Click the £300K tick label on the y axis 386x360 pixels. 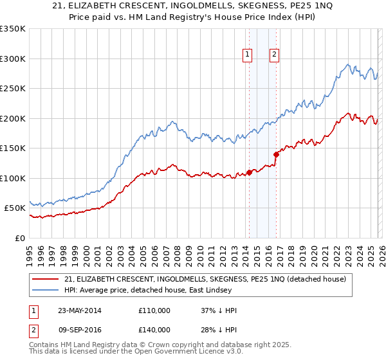point(13,59)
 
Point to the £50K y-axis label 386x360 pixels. point(15,208)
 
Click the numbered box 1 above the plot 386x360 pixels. point(247,55)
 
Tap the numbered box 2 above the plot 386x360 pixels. point(274,55)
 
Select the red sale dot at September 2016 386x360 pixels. point(276,154)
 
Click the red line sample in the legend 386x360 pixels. point(46,279)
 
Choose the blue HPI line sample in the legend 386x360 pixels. point(46,291)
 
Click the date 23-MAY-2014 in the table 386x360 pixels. point(79,310)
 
